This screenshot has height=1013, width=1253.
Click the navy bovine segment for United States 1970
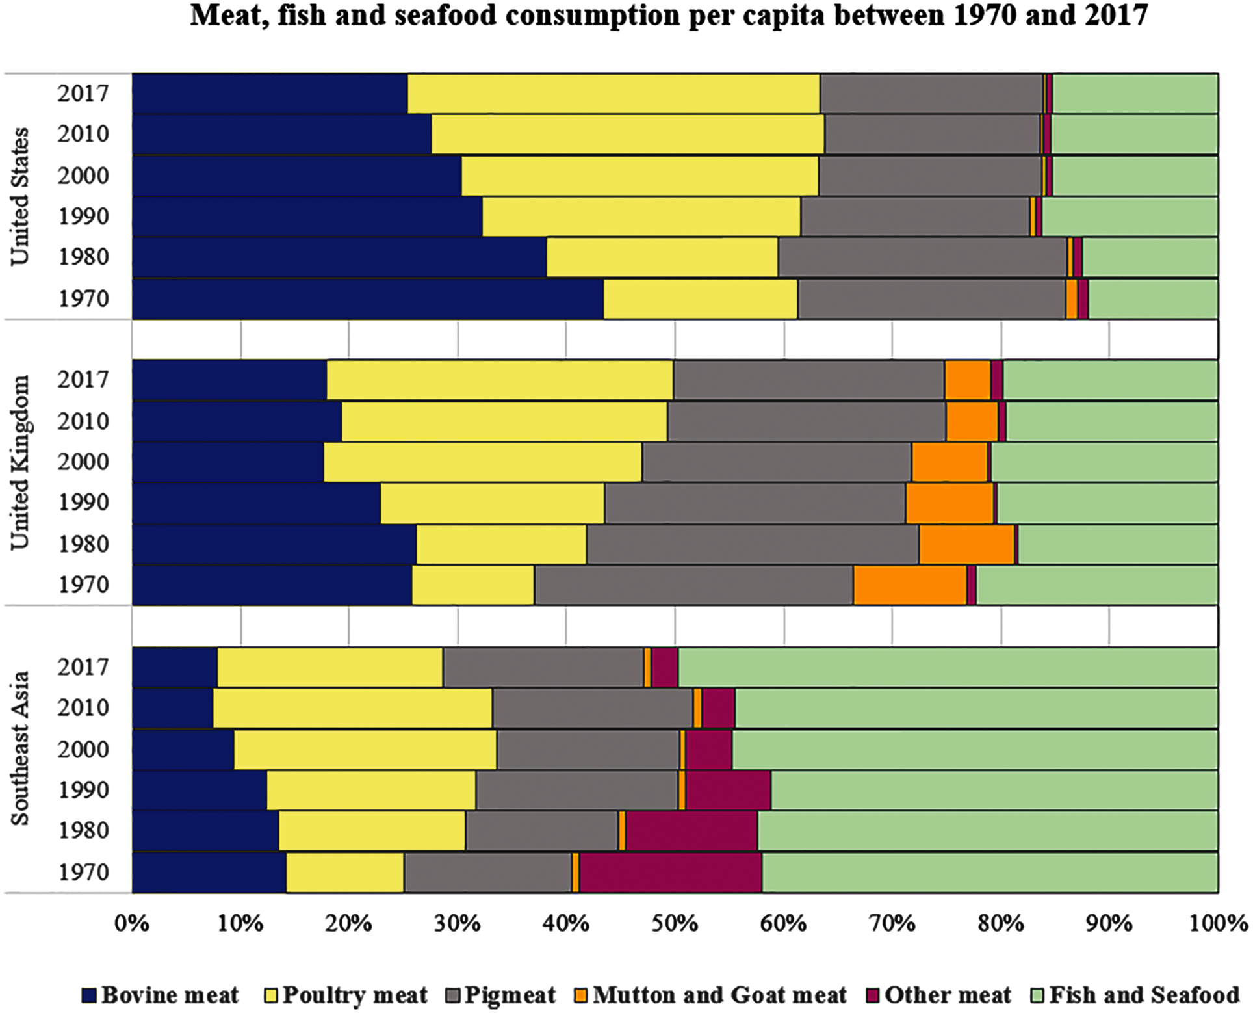click(367, 298)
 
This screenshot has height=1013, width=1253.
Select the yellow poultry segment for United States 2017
click(614, 94)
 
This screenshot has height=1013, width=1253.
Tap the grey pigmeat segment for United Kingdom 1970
click(693, 585)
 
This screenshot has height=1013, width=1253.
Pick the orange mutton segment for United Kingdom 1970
click(909, 585)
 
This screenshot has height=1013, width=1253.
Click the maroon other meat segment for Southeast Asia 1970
click(670, 872)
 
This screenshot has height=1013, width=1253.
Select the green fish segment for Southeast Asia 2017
click(948, 666)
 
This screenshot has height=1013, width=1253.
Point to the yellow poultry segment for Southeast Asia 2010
click(352, 707)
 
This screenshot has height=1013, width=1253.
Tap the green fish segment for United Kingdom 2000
click(1104, 462)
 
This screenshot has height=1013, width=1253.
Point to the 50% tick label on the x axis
click(675, 924)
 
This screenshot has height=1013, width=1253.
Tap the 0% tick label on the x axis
click(132, 924)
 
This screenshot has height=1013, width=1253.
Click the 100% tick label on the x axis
click(1218, 924)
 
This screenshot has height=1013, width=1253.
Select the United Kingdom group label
click(19, 462)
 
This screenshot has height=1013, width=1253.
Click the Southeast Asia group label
click(19, 748)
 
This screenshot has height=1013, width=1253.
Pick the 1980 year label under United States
click(84, 257)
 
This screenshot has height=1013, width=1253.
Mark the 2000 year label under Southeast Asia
click(84, 749)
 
